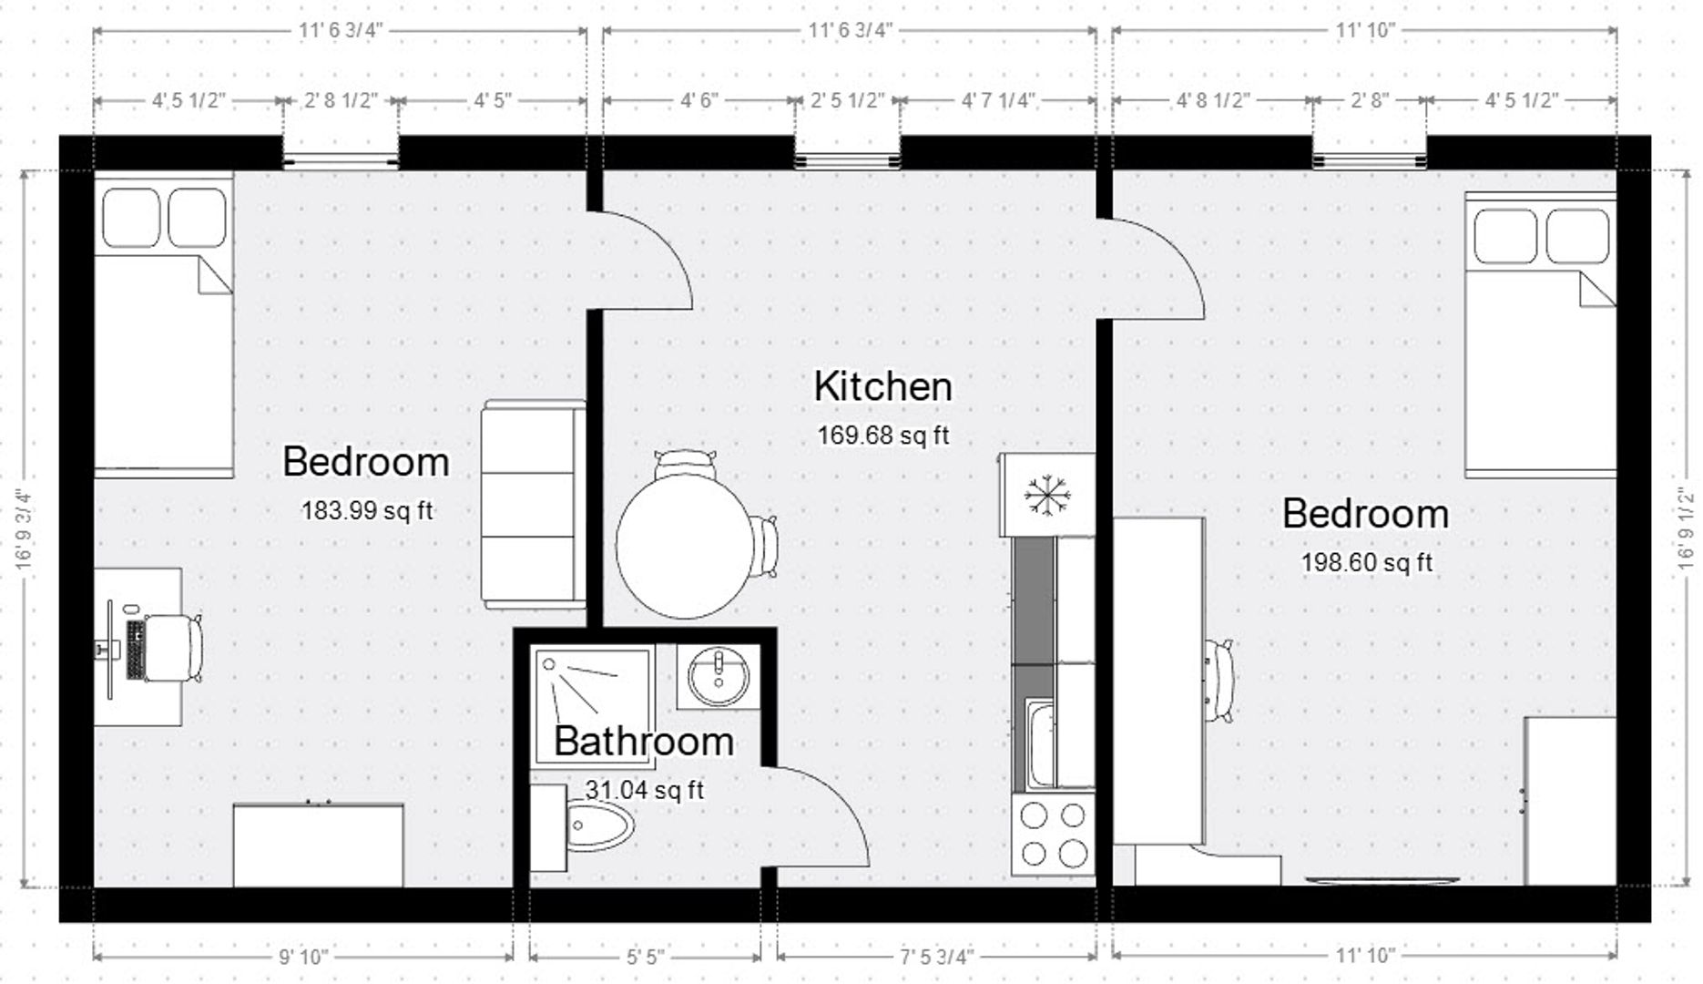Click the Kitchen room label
[882, 386]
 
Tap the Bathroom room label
[644, 741]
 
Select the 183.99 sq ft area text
[367, 511]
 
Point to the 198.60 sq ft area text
[1366, 563]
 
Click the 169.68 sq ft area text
[882, 436]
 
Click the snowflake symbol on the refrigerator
[1046, 495]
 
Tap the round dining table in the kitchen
[683, 547]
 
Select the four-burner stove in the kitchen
[1053, 835]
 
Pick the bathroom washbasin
[719, 677]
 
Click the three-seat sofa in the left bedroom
[534, 505]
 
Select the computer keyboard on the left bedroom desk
[136, 650]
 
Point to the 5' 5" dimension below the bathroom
[644, 957]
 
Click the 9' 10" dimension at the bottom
[302, 957]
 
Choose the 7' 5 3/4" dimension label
[936, 957]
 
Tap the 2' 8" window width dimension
[1369, 100]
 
